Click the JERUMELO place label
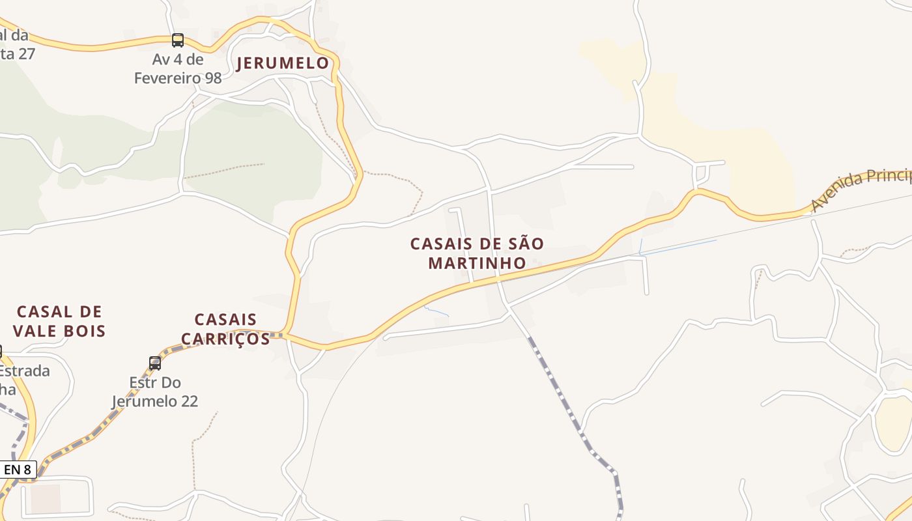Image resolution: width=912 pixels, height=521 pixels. pyautogui.click(x=283, y=63)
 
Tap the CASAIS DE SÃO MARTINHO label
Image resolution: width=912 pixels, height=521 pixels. pyautogui.click(x=477, y=253)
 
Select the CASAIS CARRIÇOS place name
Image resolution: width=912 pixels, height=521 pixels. pyautogui.click(x=225, y=329)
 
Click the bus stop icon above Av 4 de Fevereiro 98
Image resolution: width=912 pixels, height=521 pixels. pyautogui.click(x=177, y=40)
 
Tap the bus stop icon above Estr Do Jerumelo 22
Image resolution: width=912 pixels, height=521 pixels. pyautogui.click(x=155, y=363)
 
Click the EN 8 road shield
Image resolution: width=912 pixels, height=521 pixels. pyautogui.click(x=18, y=469)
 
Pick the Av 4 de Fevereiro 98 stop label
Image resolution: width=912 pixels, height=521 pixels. pyautogui.click(x=178, y=69)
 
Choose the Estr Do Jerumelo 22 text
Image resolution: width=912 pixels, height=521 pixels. pyautogui.click(x=155, y=391)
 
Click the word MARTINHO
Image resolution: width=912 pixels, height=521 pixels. pyautogui.click(x=477, y=263)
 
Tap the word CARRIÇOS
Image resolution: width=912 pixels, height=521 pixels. pyautogui.click(x=225, y=339)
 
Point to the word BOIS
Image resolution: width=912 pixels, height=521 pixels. pyautogui.click(x=85, y=331)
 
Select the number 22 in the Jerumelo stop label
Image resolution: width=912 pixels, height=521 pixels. pyautogui.click(x=188, y=401)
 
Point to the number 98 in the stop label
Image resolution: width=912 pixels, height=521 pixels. pyautogui.click(x=212, y=78)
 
